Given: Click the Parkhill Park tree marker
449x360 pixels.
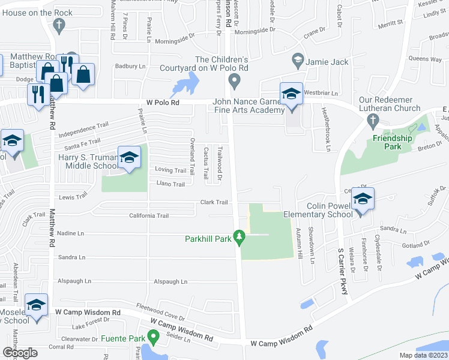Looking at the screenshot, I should point(240,238).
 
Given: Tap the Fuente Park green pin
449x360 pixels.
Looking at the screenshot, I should point(153,338).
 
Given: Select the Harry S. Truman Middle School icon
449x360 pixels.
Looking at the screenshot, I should point(129,158).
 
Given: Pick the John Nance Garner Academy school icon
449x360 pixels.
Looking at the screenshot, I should point(291,94).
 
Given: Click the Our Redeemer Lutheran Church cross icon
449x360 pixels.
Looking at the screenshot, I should point(372,120).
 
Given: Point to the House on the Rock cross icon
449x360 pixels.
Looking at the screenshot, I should point(59,25).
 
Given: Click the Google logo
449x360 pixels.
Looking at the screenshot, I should point(19,353).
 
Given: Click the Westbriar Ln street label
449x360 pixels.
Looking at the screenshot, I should point(321,94).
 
